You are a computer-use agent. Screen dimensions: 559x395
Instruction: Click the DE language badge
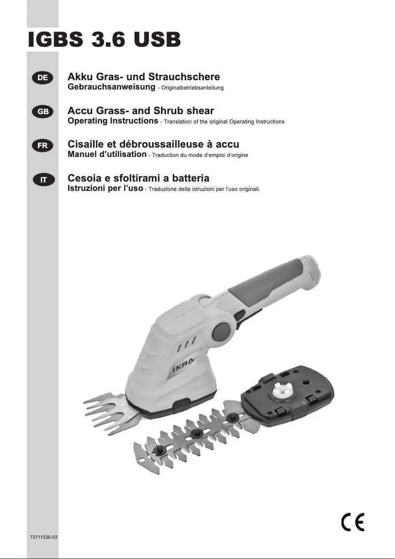pyautogui.click(x=43, y=77)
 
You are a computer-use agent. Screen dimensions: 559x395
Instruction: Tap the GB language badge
pyautogui.click(x=43, y=111)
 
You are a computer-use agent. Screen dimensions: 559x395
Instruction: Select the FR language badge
pyautogui.click(x=43, y=145)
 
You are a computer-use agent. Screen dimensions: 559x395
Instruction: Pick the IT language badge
pyautogui.click(x=43, y=179)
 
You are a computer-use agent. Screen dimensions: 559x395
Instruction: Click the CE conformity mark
pyautogui.click(x=353, y=522)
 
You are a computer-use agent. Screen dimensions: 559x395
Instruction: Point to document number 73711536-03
pyautogui.click(x=44, y=537)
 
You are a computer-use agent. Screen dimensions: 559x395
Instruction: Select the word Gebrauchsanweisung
pyautogui.click(x=111, y=87)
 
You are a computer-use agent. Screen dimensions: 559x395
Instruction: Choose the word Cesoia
pyautogui.click(x=85, y=178)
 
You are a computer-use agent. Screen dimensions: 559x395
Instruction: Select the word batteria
pyautogui.click(x=189, y=178)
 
